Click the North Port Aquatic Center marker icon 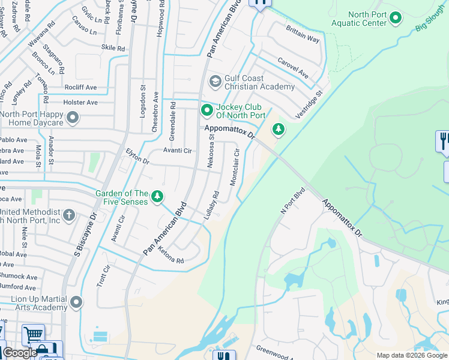coord(396,19)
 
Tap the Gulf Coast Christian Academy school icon coord(215,81)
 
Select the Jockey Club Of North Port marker coord(207,110)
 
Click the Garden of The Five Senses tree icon coord(157,197)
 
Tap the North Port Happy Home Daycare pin coord(73,118)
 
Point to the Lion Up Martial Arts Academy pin coord(76,302)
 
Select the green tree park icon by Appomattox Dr coord(278,128)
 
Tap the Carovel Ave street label coord(292,68)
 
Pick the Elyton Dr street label coord(137,157)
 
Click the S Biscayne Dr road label coord(84,232)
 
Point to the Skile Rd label coord(113,48)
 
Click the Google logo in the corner coord(20,353)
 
